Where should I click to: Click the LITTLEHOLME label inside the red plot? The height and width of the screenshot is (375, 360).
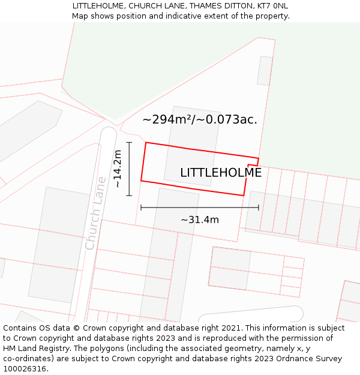tap(221, 173)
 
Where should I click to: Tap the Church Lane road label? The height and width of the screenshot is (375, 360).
tap(96, 213)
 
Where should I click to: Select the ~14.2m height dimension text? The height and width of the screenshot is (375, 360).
tap(118, 169)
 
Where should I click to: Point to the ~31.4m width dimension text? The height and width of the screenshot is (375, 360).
tap(200, 220)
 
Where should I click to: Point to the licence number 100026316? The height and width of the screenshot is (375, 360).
tap(25, 369)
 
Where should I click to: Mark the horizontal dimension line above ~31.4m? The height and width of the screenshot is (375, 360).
tap(200, 208)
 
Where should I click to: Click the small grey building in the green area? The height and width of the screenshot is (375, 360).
tap(265, 71)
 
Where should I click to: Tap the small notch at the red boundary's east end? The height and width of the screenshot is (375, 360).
tap(253, 164)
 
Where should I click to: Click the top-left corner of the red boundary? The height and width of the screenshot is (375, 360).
tap(146, 143)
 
